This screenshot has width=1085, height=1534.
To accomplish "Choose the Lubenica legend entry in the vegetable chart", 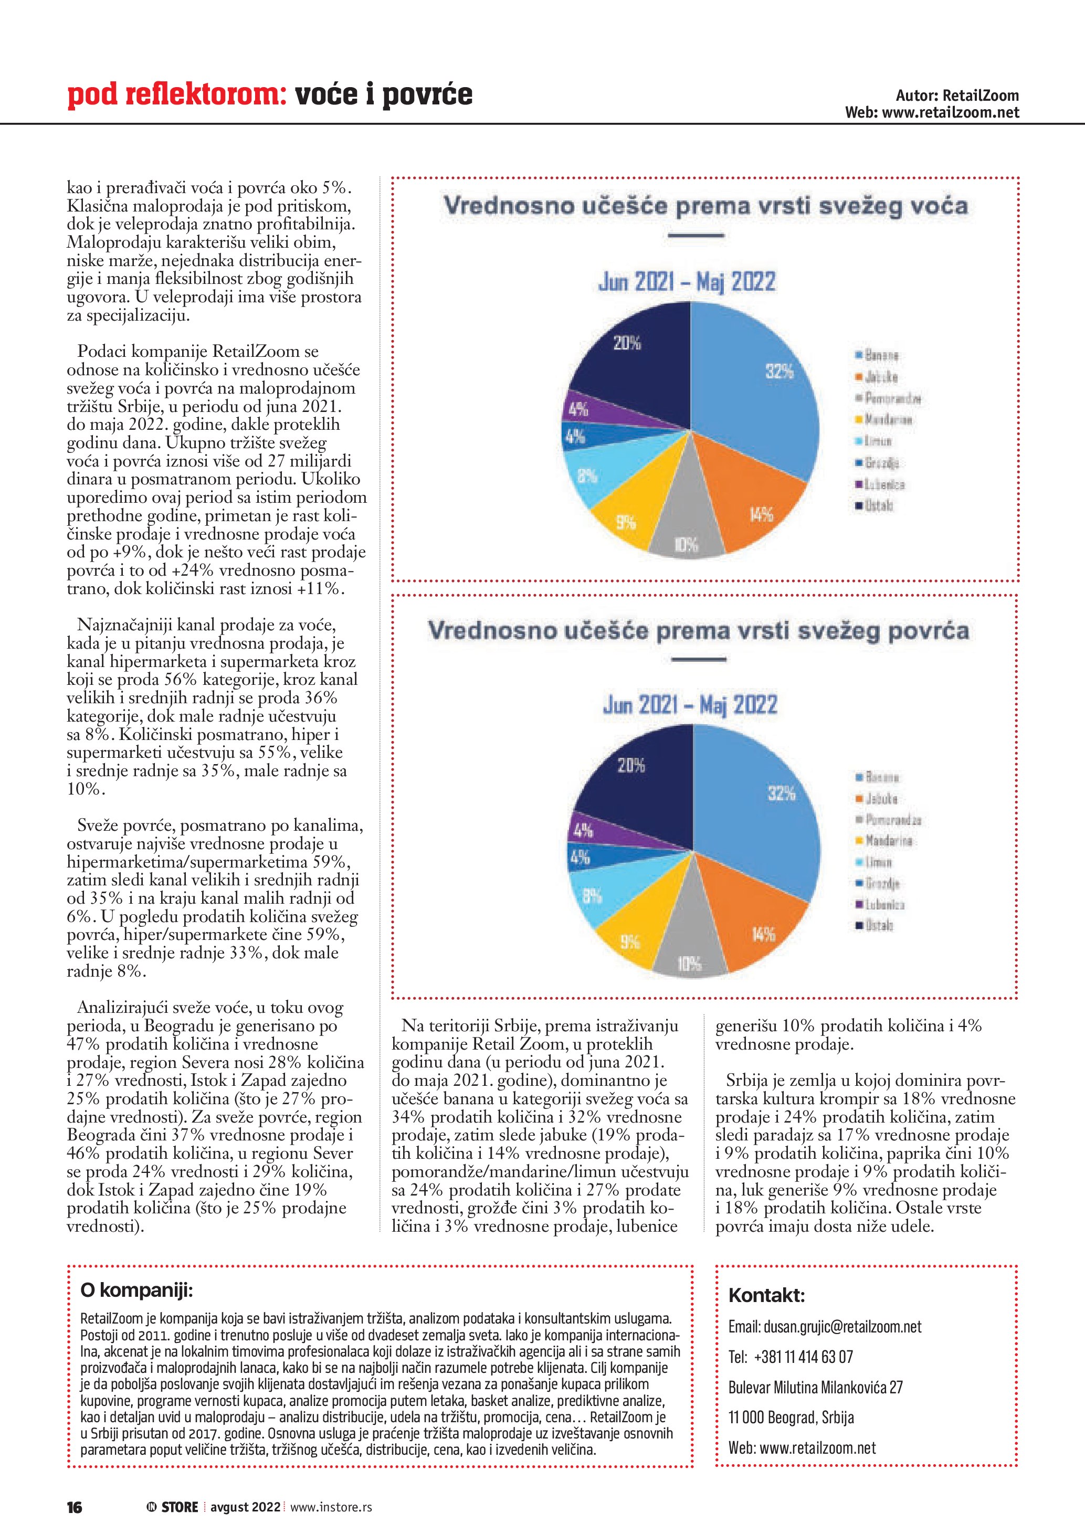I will pyautogui.click(x=884, y=905).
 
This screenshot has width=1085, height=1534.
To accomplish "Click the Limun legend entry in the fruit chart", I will pyautogui.click(x=877, y=441).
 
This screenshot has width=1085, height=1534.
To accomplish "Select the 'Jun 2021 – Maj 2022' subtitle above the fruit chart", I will pyautogui.click(x=687, y=282).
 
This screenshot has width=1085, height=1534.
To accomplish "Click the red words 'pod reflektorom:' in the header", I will pyautogui.click(x=177, y=95).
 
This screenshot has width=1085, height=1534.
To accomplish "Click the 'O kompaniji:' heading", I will pyautogui.click(x=136, y=1290).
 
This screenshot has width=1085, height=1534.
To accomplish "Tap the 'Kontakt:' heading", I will pyautogui.click(x=766, y=1296).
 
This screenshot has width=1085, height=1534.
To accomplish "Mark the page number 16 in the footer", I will pyautogui.click(x=74, y=1507).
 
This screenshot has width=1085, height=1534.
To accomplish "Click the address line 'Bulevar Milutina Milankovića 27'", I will pyautogui.click(x=815, y=1387).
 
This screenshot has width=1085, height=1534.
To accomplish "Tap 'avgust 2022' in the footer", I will pyautogui.click(x=245, y=1507).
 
